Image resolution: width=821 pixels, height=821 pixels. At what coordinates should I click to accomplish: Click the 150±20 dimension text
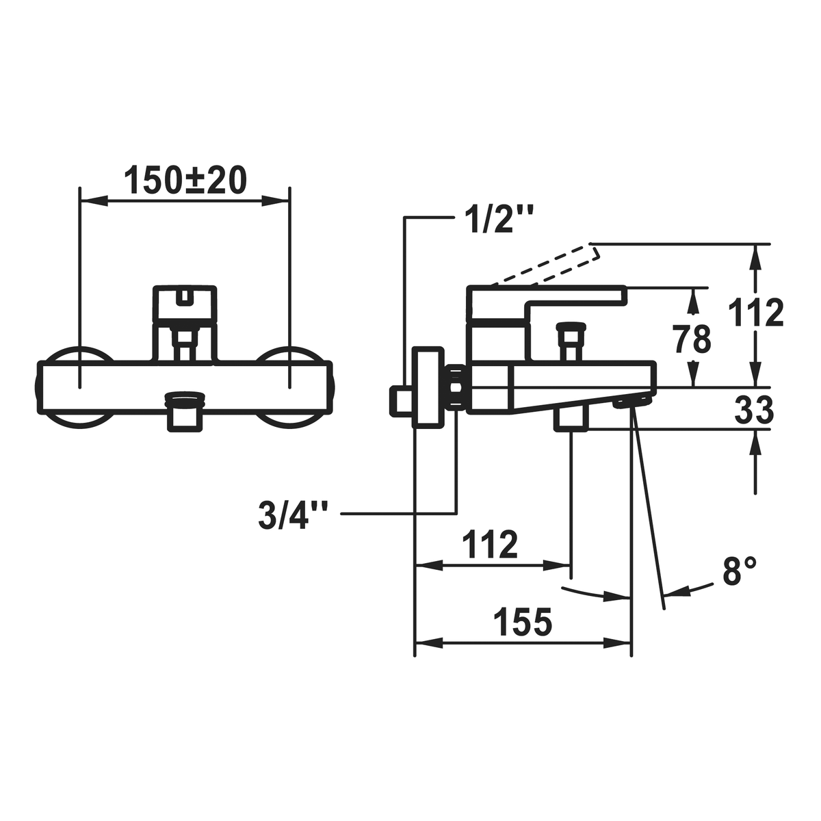pyautogui.click(x=185, y=180)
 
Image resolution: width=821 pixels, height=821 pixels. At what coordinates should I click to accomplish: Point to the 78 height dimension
pyautogui.click(x=692, y=339)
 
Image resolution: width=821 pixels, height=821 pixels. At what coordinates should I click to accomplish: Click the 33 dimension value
pyautogui.click(x=754, y=410)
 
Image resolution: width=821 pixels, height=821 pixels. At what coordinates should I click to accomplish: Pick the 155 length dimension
pyautogui.click(x=522, y=622)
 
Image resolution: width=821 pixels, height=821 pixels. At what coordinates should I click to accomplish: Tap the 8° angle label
pyautogui.click(x=739, y=571)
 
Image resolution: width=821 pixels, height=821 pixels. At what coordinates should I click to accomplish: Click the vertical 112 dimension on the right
pyautogui.click(x=756, y=312)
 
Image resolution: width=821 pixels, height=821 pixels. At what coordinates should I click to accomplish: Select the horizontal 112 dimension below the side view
pyautogui.click(x=490, y=544)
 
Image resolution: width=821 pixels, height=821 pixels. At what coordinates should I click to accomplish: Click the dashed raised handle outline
pyautogui.click(x=545, y=264)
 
